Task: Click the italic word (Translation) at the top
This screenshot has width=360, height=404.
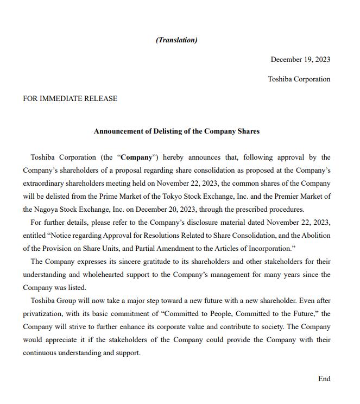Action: [x=176, y=40]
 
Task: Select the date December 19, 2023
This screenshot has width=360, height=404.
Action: [x=300, y=59]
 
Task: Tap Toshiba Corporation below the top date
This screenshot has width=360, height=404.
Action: [x=299, y=79]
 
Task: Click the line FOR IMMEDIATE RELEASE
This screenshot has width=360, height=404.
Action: [x=70, y=98]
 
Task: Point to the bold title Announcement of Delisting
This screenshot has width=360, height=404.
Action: [x=176, y=131]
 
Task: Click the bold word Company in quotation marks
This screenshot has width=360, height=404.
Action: [x=136, y=157]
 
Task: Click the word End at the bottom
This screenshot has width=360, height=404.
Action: [x=324, y=378]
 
